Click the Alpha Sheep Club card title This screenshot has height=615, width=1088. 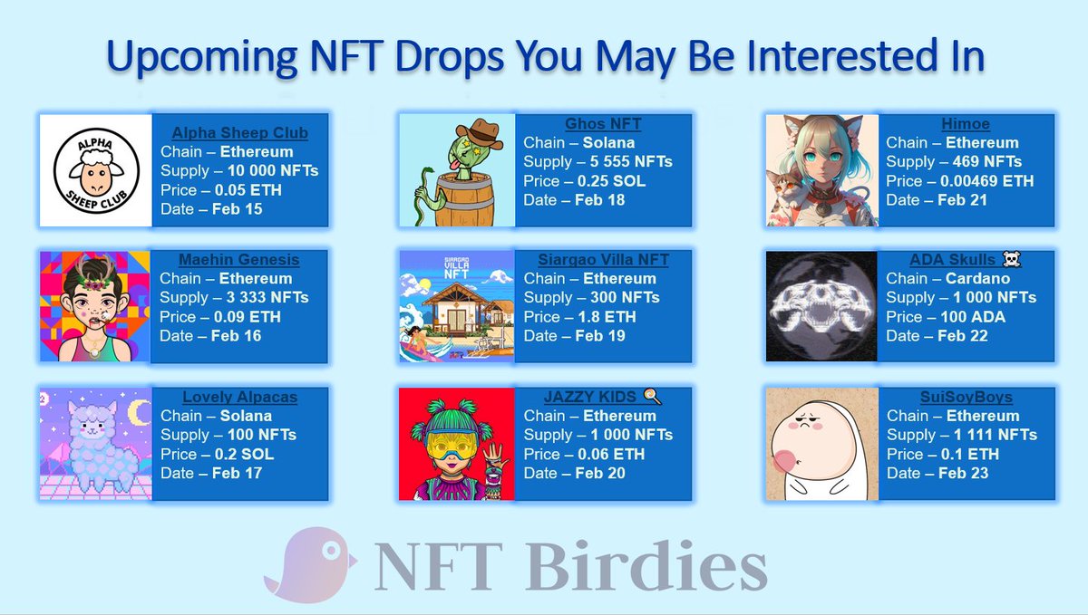point(239,133)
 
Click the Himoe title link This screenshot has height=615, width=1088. point(965,123)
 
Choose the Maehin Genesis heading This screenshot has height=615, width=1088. point(240,260)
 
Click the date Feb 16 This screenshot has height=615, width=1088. point(237,336)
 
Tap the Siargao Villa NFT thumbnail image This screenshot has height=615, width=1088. point(457,307)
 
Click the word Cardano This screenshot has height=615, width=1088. point(978,279)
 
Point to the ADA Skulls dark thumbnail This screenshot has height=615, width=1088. point(821,307)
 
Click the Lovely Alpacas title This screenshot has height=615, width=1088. point(239,397)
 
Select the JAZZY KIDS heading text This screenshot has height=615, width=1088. point(593,397)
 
